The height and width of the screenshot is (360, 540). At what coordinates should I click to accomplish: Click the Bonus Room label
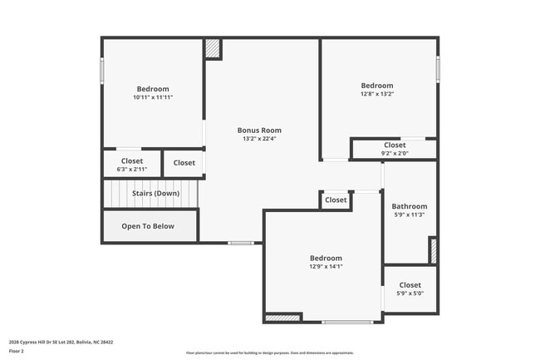[259, 130]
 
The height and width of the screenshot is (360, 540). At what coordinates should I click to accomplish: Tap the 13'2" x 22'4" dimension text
[259, 139]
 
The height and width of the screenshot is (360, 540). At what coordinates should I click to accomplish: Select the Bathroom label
[410, 206]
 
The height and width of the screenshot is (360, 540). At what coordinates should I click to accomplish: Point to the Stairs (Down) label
[155, 193]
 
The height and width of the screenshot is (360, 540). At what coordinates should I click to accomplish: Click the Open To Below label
[148, 225]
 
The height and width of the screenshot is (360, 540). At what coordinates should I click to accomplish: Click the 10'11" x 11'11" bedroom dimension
[153, 97]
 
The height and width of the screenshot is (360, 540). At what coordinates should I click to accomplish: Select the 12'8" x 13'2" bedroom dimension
[377, 94]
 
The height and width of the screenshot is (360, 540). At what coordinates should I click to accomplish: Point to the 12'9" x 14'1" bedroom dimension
[326, 267]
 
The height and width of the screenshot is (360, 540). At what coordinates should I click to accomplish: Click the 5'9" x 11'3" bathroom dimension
[410, 215]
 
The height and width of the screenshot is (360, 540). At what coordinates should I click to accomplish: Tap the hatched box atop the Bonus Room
[213, 48]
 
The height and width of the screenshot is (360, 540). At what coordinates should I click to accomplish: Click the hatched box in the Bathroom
[432, 250]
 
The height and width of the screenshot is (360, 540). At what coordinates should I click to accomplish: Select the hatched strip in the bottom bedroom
[282, 317]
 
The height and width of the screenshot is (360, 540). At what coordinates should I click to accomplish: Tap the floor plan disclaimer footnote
[270, 352]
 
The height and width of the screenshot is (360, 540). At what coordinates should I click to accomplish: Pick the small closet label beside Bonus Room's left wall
[184, 163]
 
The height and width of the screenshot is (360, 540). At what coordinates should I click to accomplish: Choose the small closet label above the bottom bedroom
[336, 200]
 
